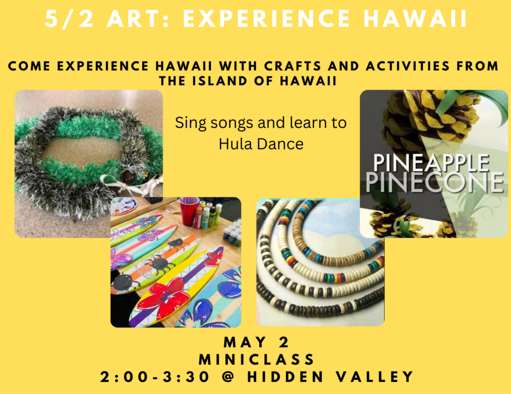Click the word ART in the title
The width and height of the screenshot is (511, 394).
(x=137, y=18)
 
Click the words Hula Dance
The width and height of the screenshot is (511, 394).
(x=261, y=144)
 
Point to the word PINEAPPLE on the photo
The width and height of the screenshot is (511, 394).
(x=431, y=162)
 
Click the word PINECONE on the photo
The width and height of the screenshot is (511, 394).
(x=435, y=182)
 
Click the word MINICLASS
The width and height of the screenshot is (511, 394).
(x=257, y=360)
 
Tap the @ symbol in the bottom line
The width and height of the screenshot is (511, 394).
(x=229, y=377)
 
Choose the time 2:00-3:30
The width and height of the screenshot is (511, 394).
(x=155, y=377)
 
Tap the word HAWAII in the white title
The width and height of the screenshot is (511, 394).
(x=416, y=18)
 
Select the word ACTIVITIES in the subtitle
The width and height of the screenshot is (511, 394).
(x=408, y=66)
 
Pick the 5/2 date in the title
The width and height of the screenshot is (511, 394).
(x=69, y=18)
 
